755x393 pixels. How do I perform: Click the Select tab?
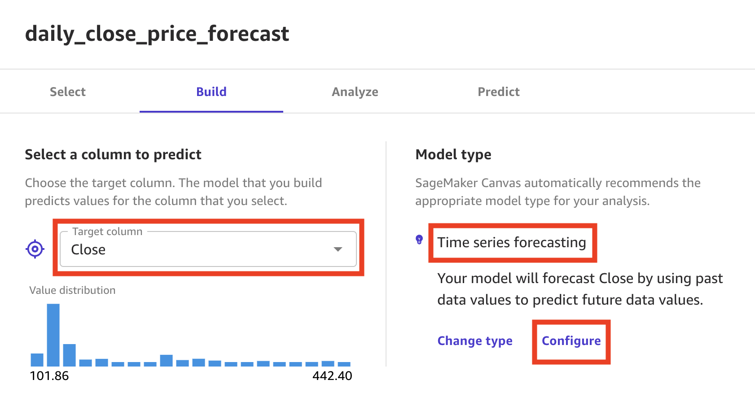68,92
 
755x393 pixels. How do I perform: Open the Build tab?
211,92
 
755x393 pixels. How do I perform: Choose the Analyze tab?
355,92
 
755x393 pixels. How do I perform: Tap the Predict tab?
499,92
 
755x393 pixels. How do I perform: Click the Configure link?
571,341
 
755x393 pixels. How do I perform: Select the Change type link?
475,341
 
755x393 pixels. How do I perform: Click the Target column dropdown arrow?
338,249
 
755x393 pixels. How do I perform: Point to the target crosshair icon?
35,249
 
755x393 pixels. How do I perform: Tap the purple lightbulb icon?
419,240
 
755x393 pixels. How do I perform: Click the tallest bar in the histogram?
53,335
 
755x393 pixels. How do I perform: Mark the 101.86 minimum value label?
49,376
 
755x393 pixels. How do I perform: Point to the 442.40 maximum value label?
332,376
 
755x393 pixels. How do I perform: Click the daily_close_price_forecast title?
157,34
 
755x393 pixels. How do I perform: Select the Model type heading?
453,155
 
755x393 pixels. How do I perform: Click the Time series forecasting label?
512,242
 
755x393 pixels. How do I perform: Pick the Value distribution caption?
72,290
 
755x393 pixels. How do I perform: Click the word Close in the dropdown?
88,249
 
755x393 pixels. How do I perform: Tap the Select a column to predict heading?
113,155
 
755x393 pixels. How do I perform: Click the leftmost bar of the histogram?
37,360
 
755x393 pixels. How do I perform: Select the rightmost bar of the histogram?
344,364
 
